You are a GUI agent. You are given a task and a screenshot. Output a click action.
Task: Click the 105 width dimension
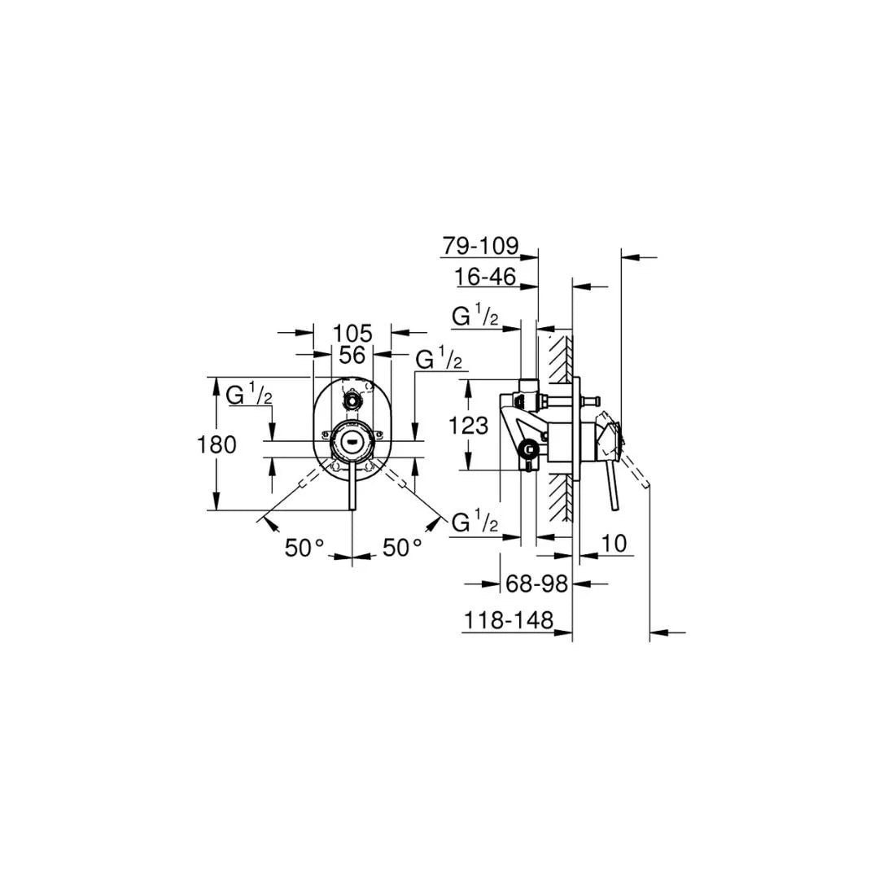click(352, 333)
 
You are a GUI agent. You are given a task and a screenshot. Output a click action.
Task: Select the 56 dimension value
click(352, 355)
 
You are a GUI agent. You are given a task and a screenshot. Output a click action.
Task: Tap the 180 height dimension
click(217, 444)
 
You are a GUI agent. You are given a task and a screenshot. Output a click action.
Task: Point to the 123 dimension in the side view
click(469, 425)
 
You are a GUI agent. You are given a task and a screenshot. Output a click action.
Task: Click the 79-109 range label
click(480, 245)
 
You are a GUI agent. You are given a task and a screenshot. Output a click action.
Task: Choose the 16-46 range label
click(486, 277)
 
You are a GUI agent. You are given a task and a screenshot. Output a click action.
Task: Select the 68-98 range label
click(536, 584)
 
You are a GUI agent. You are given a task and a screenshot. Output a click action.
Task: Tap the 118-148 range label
click(509, 621)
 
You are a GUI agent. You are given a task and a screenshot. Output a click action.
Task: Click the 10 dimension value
click(616, 544)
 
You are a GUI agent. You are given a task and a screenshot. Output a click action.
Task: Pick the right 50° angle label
click(403, 548)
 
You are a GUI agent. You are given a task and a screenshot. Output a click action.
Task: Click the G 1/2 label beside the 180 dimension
click(249, 396)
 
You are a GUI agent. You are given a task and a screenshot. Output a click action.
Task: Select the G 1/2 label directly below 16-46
click(475, 317)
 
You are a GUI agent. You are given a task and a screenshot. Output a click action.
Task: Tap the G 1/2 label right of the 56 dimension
click(439, 358)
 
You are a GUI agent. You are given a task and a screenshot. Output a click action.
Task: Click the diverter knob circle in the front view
click(352, 400)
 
